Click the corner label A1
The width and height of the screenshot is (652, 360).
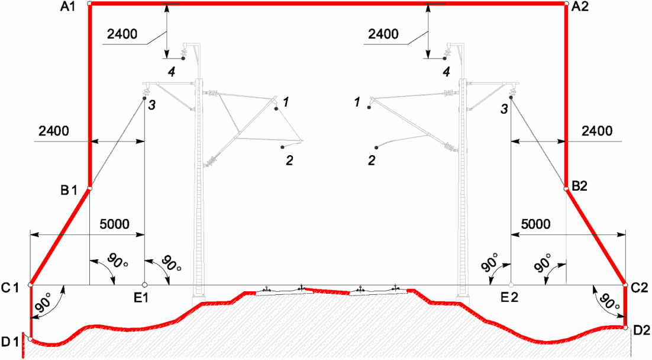point(68,7)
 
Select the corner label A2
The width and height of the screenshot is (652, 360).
point(580,7)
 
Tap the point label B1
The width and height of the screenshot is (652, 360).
point(69,190)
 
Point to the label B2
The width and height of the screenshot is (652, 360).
point(580,186)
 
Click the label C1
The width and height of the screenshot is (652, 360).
point(11,288)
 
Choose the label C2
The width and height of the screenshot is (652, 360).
point(639,288)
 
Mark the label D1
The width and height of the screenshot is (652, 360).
point(11,342)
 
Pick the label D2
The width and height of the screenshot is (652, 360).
point(641,330)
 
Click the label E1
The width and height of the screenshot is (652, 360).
point(141,298)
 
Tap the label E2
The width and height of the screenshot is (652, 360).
point(509,297)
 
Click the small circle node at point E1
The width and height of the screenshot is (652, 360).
point(144,285)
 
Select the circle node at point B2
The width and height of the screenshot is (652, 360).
point(566,189)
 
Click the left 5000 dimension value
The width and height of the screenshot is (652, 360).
point(114,224)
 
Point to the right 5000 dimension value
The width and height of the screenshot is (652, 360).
point(535,224)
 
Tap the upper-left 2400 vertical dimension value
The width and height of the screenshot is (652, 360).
point(122,34)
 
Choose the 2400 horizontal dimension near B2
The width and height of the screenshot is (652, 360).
point(597,131)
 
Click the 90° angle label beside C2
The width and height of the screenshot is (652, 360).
point(609,301)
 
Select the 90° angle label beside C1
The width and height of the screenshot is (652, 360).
point(44,302)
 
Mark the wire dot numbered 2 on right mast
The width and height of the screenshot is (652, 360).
point(376,147)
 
